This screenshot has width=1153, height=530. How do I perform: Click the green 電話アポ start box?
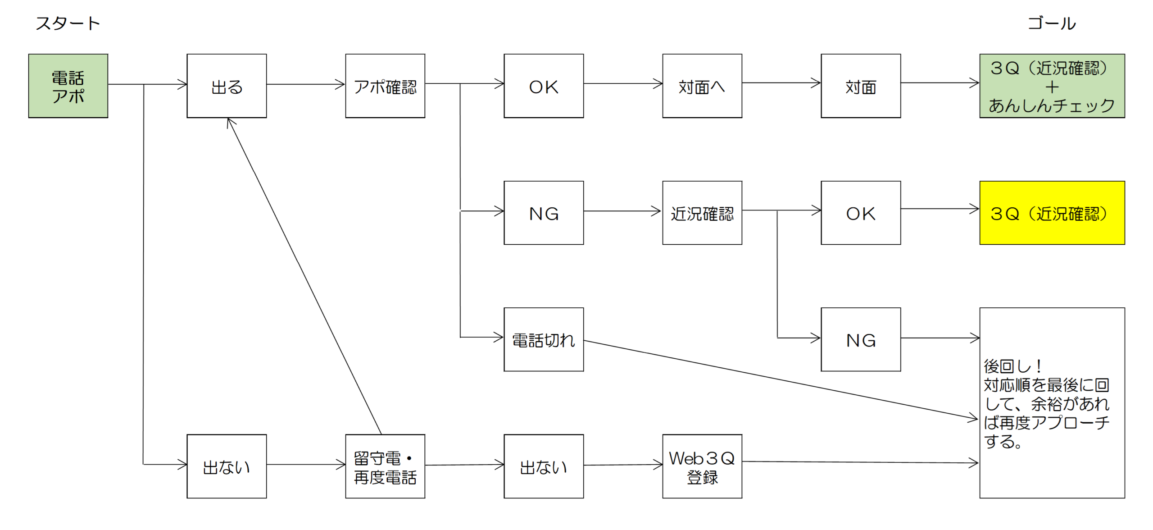(x=68, y=86)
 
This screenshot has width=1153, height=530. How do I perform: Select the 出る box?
(x=227, y=86)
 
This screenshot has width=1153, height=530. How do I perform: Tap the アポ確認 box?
(x=385, y=86)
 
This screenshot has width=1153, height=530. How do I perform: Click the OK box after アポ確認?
(x=544, y=86)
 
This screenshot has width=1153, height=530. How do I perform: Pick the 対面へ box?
(x=702, y=86)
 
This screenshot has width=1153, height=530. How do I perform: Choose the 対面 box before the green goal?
(x=861, y=86)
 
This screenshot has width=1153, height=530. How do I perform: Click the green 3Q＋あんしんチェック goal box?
(x=1052, y=86)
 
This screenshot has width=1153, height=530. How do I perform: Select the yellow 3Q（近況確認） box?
(x=1052, y=213)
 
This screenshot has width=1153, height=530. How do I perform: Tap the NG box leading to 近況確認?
(x=544, y=213)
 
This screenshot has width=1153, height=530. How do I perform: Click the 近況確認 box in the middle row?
(x=702, y=213)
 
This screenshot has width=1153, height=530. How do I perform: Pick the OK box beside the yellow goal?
(x=861, y=213)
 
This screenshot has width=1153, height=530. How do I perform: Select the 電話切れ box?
(x=544, y=339)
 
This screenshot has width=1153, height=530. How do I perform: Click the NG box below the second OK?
(x=861, y=339)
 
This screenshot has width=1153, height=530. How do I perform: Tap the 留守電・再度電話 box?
(x=385, y=466)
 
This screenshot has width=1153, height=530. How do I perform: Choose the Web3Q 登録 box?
(x=702, y=466)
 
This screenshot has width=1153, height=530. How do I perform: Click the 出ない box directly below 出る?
(x=227, y=466)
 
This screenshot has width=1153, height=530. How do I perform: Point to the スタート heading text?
(x=68, y=23)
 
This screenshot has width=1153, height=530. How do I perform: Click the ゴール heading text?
(x=1052, y=23)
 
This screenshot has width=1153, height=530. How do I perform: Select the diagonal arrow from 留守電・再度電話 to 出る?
(x=304, y=276)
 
